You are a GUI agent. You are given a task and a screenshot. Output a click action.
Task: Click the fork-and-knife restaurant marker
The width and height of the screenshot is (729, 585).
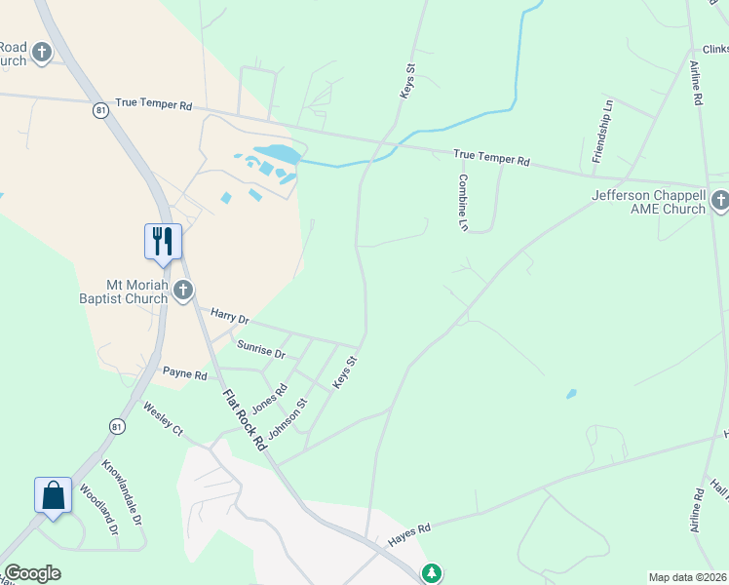click(163, 240)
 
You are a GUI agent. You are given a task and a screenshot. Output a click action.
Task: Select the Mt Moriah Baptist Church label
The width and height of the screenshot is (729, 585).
click(125, 291)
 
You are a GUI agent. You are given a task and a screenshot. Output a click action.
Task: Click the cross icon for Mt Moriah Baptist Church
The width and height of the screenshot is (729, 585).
click(183, 290)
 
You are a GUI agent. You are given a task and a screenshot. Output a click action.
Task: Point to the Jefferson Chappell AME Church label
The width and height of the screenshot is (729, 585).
click(647, 202)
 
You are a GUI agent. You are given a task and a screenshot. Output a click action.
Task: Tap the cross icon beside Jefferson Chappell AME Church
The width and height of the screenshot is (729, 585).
click(719, 201)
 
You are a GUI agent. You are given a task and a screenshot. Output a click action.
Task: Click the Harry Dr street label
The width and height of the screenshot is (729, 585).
click(230, 317)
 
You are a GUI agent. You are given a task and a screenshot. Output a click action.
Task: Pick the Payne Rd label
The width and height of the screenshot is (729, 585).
click(184, 373)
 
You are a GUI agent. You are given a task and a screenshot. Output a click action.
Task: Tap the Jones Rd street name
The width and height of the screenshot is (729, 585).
click(269, 396)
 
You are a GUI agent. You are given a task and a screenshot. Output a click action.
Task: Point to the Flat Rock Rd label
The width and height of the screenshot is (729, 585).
click(245, 419)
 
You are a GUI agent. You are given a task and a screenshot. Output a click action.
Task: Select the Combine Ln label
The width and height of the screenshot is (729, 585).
click(464, 202)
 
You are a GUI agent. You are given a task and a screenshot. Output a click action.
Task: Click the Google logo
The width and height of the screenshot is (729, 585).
click(32, 573)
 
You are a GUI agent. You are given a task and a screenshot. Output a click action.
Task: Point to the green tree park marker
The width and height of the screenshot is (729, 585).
click(432, 572)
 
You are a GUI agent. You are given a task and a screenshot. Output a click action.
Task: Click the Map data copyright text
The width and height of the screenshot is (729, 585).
click(687, 577)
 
